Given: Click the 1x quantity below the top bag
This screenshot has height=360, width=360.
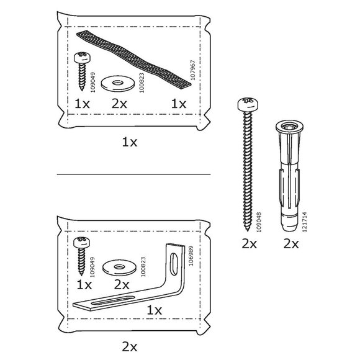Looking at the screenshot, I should coord(129,142).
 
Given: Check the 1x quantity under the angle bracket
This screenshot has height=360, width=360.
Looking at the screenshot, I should coord(155,310).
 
